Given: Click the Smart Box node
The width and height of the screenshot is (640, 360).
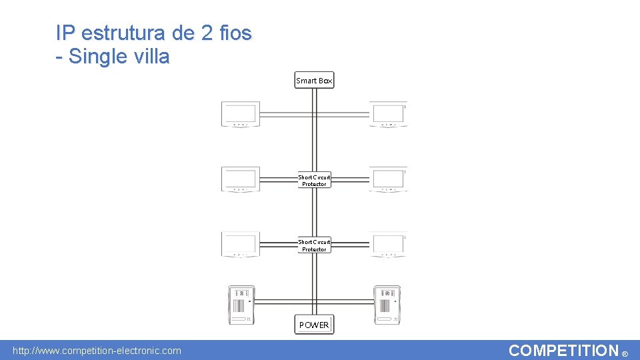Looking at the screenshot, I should (x=314, y=81).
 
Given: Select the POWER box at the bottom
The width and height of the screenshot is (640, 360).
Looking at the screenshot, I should (x=314, y=325).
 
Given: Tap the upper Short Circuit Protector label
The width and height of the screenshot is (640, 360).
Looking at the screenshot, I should (x=314, y=181).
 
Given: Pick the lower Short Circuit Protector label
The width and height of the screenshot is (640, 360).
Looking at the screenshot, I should (x=314, y=245).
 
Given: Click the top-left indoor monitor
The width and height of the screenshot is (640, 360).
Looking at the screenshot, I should (x=240, y=114).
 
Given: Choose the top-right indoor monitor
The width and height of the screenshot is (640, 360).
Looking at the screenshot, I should (x=388, y=114).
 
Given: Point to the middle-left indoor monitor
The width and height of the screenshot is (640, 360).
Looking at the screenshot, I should (x=240, y=179).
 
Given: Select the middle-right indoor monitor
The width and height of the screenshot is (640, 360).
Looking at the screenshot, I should (x=388, y=179).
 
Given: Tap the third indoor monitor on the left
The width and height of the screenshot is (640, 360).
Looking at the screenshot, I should (x=240, y=244).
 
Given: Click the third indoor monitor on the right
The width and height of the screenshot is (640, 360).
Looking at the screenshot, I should (x=388, y=244).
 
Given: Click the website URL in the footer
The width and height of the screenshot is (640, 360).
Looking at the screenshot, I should (x=97, y=351).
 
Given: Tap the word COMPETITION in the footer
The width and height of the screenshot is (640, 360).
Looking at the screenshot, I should (x=563, y=351).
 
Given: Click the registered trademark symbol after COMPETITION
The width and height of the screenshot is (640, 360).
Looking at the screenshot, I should (x=625, y=354).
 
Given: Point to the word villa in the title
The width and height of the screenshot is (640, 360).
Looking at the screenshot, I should (x=151, y=57).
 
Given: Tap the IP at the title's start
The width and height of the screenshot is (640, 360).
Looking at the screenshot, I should (x=65, y=33).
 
